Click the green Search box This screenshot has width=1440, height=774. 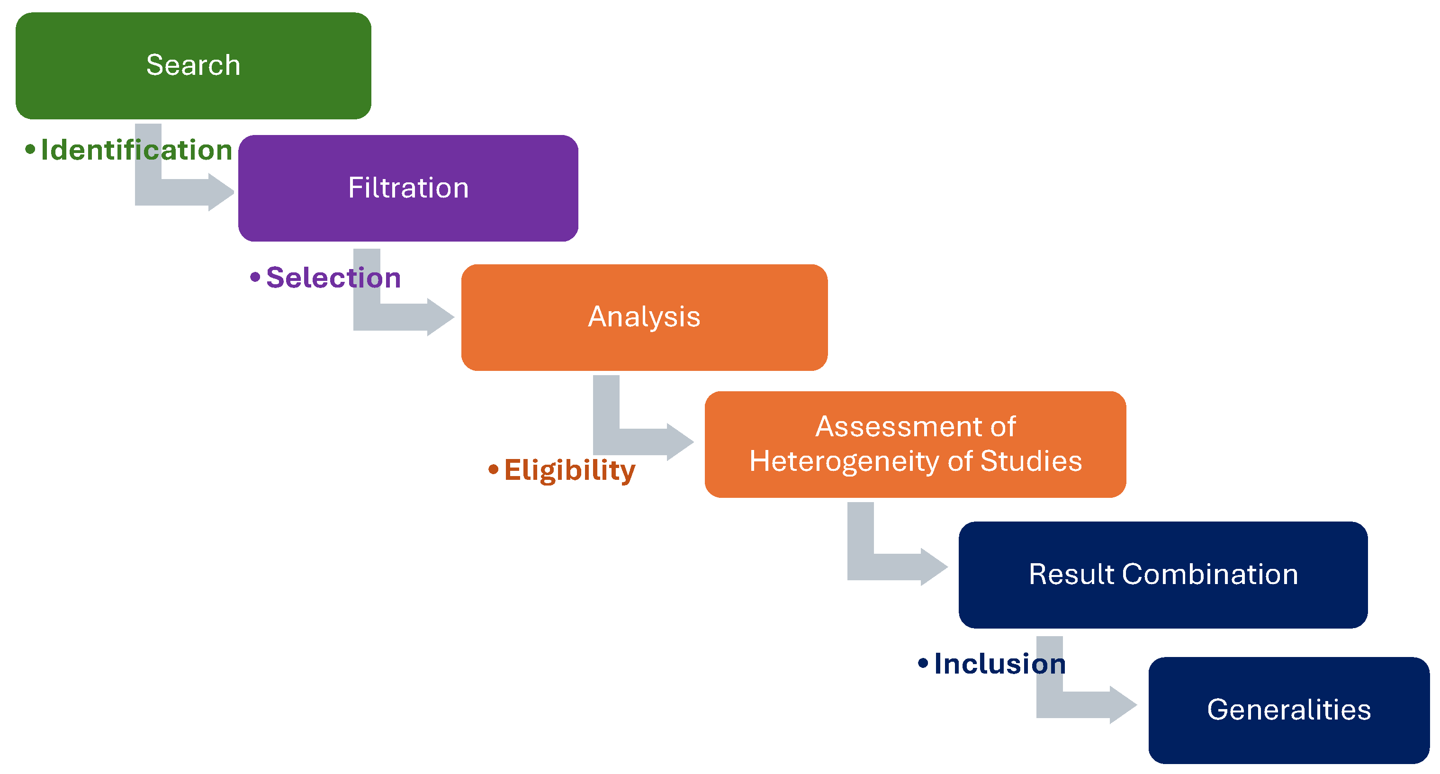point(193,65)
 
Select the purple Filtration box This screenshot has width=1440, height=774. point(408,188)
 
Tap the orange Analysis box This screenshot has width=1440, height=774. point(644,317)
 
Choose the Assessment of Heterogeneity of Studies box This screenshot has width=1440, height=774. point(915,444)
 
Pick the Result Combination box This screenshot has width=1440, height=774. point(1163,575)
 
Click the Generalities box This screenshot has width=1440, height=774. point(1288,710)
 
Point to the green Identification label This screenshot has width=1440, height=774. point(136,150)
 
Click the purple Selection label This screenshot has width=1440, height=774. point(334,278)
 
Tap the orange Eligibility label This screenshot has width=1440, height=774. point(570,470)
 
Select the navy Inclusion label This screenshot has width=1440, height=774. point(1000,664)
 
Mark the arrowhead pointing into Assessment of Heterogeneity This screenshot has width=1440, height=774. point(680,442)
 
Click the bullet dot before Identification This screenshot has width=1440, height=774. point(30,149)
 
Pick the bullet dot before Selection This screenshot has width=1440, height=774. point(255,277)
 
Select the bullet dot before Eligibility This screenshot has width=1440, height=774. point(493,469)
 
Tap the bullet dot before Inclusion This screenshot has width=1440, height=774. point(923,663)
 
